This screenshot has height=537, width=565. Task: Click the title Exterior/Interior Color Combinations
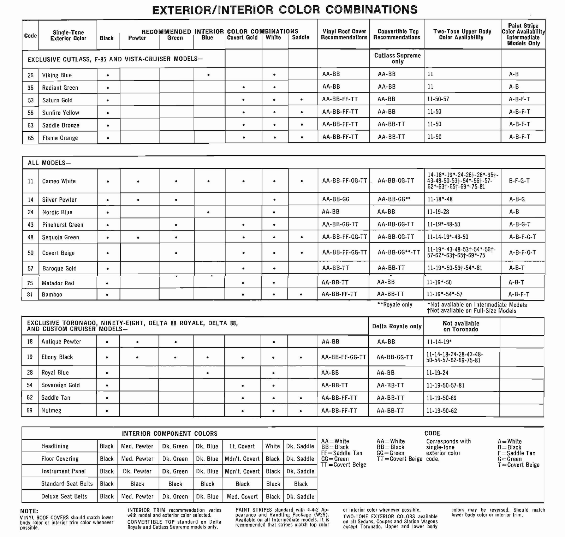click(285, 9)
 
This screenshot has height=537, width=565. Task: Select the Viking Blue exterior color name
click(57, 75)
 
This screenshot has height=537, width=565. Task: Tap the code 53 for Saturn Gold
click(31, 100)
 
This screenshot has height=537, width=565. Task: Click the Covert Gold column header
click(242, 37)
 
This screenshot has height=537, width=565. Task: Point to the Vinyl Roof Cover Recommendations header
click(344, 34)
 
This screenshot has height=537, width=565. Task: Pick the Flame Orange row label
click(60, 138)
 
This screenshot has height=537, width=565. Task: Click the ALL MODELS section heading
click(49, 163)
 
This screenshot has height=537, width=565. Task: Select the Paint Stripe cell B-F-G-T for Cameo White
click(519, 181)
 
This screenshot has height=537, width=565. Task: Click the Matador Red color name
click(58, 283)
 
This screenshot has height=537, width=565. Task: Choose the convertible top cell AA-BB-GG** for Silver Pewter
click(394, 199)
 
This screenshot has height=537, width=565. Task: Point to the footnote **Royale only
click(395, 305)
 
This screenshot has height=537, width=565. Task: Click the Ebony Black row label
click(57, 357)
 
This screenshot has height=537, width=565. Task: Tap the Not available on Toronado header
click(461, 326)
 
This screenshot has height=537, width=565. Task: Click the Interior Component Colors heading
click(169, 434)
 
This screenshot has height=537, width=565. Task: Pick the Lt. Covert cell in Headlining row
click(242, 446)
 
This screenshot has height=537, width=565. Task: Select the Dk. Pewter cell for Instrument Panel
click(137, 471)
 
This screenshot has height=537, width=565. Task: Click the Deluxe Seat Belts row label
click(64, 496)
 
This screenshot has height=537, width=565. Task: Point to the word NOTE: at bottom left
click(29, 511)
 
